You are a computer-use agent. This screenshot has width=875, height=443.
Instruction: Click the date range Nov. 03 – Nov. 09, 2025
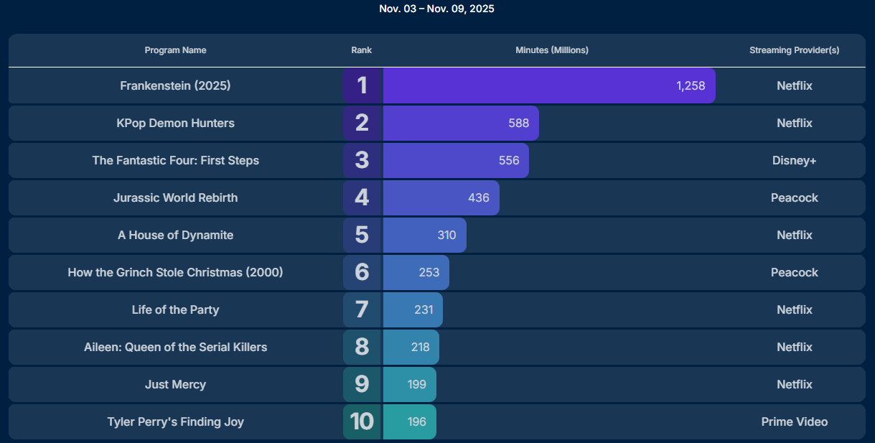coord(436,9)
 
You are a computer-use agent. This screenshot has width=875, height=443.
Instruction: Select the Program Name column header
coord(175,50)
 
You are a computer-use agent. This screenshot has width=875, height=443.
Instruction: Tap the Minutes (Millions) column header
coord(551,50)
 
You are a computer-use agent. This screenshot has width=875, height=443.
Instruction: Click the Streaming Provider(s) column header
coord(794,50)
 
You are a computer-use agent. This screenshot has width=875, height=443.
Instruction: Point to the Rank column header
coord(361,50)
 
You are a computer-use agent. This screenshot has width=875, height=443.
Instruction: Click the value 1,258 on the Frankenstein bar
coord(691,85)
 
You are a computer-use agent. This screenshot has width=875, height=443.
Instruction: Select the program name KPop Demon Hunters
coord(175,123)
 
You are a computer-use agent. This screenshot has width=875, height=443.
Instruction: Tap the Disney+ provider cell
coord(794,160)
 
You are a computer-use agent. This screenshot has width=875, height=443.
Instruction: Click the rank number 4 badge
coord(362,197)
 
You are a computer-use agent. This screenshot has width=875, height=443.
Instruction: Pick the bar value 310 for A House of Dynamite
coord(446,235)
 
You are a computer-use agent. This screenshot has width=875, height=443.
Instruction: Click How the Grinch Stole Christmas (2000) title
coord(175,272)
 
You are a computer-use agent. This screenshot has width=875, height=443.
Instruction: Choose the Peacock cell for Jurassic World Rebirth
coord(794,197)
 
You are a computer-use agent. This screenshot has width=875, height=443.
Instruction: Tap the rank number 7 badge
coord(362,309)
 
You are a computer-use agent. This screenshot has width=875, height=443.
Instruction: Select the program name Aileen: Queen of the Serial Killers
coord(175,347)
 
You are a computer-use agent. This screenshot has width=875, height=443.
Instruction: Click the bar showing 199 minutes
coord(410,384)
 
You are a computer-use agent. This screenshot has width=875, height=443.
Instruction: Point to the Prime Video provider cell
coord(794,421)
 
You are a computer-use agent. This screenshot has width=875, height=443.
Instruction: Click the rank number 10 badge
coord(362,421)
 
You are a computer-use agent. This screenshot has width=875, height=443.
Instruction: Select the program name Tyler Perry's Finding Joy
coord(175,421)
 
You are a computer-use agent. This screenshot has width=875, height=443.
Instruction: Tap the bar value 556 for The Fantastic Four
coord(509,160)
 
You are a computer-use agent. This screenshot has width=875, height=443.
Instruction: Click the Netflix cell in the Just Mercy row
coord(794,384)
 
